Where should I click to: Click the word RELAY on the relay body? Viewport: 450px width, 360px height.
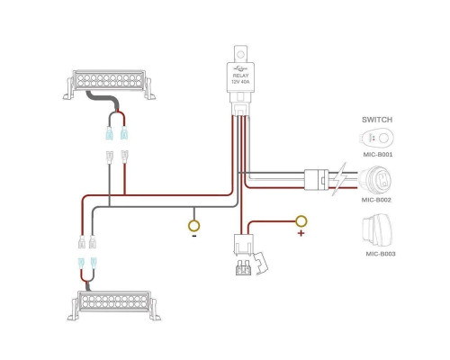tap(240, 76)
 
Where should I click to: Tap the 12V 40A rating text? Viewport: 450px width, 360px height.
tap(240, 82)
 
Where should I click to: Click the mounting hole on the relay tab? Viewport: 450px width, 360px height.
tap(240, 55)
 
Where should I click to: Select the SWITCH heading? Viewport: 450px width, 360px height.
tap(377, 120)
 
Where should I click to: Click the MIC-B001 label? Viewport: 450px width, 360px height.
tap(378, 155)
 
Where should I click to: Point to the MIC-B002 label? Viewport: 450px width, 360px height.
tap(376, 200)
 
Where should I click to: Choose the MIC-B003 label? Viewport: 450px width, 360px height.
tap(381, 254)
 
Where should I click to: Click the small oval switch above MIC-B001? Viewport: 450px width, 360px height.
tap(377, 139)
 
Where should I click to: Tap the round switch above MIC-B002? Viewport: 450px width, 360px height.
tap(375, 180)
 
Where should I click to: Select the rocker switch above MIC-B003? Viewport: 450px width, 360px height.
tap(377, 230)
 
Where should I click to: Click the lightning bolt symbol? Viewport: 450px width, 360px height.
tap(339, 179)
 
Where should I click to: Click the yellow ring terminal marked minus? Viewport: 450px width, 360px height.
tap(194, 225)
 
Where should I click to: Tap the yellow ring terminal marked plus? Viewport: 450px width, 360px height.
tap(301, 221)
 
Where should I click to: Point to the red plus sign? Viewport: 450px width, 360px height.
tap(301, 233)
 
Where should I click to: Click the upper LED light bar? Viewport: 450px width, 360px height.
tap(109, 85)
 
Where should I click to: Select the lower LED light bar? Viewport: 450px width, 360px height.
tap(114, 305)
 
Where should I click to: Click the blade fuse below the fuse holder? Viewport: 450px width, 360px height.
tap(243, 267)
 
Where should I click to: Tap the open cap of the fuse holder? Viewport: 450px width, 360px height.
tap(261, 264)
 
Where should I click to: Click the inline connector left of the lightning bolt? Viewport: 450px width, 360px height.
tap(317, 179)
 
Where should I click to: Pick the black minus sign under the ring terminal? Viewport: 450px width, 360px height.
tap(194, 236)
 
